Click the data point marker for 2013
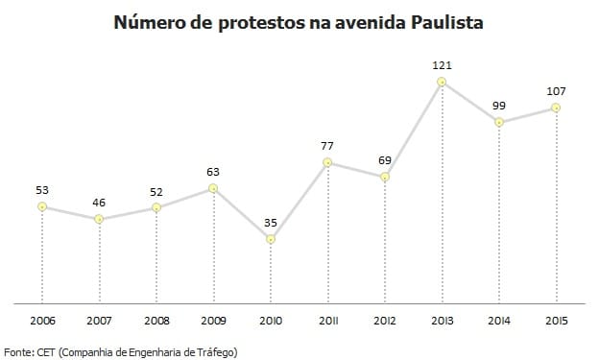tap(442, 83)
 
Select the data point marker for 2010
tap(271, 239)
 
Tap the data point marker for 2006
tap(42, 206)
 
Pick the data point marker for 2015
tap(556, 108)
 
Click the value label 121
tap(442, 65)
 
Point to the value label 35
tap(271, 222)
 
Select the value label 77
tap(327, 146)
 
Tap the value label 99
tap(498, 105)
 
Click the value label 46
tap(99, 203)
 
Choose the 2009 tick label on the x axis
tap(213, 320)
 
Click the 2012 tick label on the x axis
tap(384, 320)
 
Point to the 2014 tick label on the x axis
tap(498, 320)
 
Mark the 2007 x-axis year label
tap(99, 320)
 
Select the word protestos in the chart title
tap(244, 20)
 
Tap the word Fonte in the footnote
tap(20, 351)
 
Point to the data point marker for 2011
tap(327, 163)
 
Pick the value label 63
tap(213, 172)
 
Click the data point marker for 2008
tap(156, 208)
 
